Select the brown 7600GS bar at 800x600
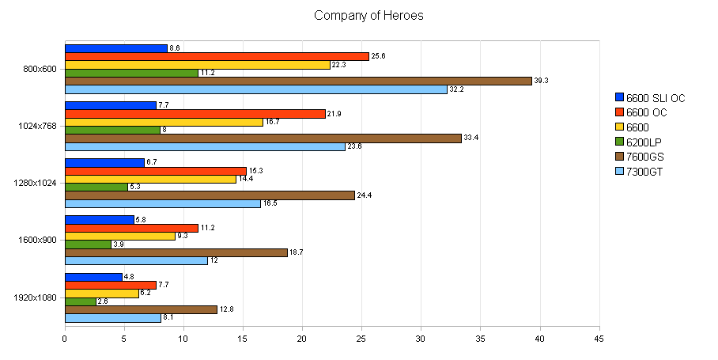point(298,81)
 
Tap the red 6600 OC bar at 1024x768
point(195,114)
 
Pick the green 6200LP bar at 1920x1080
point(81,301)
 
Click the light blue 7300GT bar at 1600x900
point(136,260)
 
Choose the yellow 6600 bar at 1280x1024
point(150,179)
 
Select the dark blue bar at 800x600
point(116,48)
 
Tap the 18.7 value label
point(297,252)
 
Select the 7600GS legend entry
point(644,157)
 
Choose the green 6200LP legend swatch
point(619,142)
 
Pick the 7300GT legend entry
point(644,171)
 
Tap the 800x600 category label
point(40,69)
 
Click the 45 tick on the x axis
point(598,338)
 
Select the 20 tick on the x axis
point(301,338)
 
